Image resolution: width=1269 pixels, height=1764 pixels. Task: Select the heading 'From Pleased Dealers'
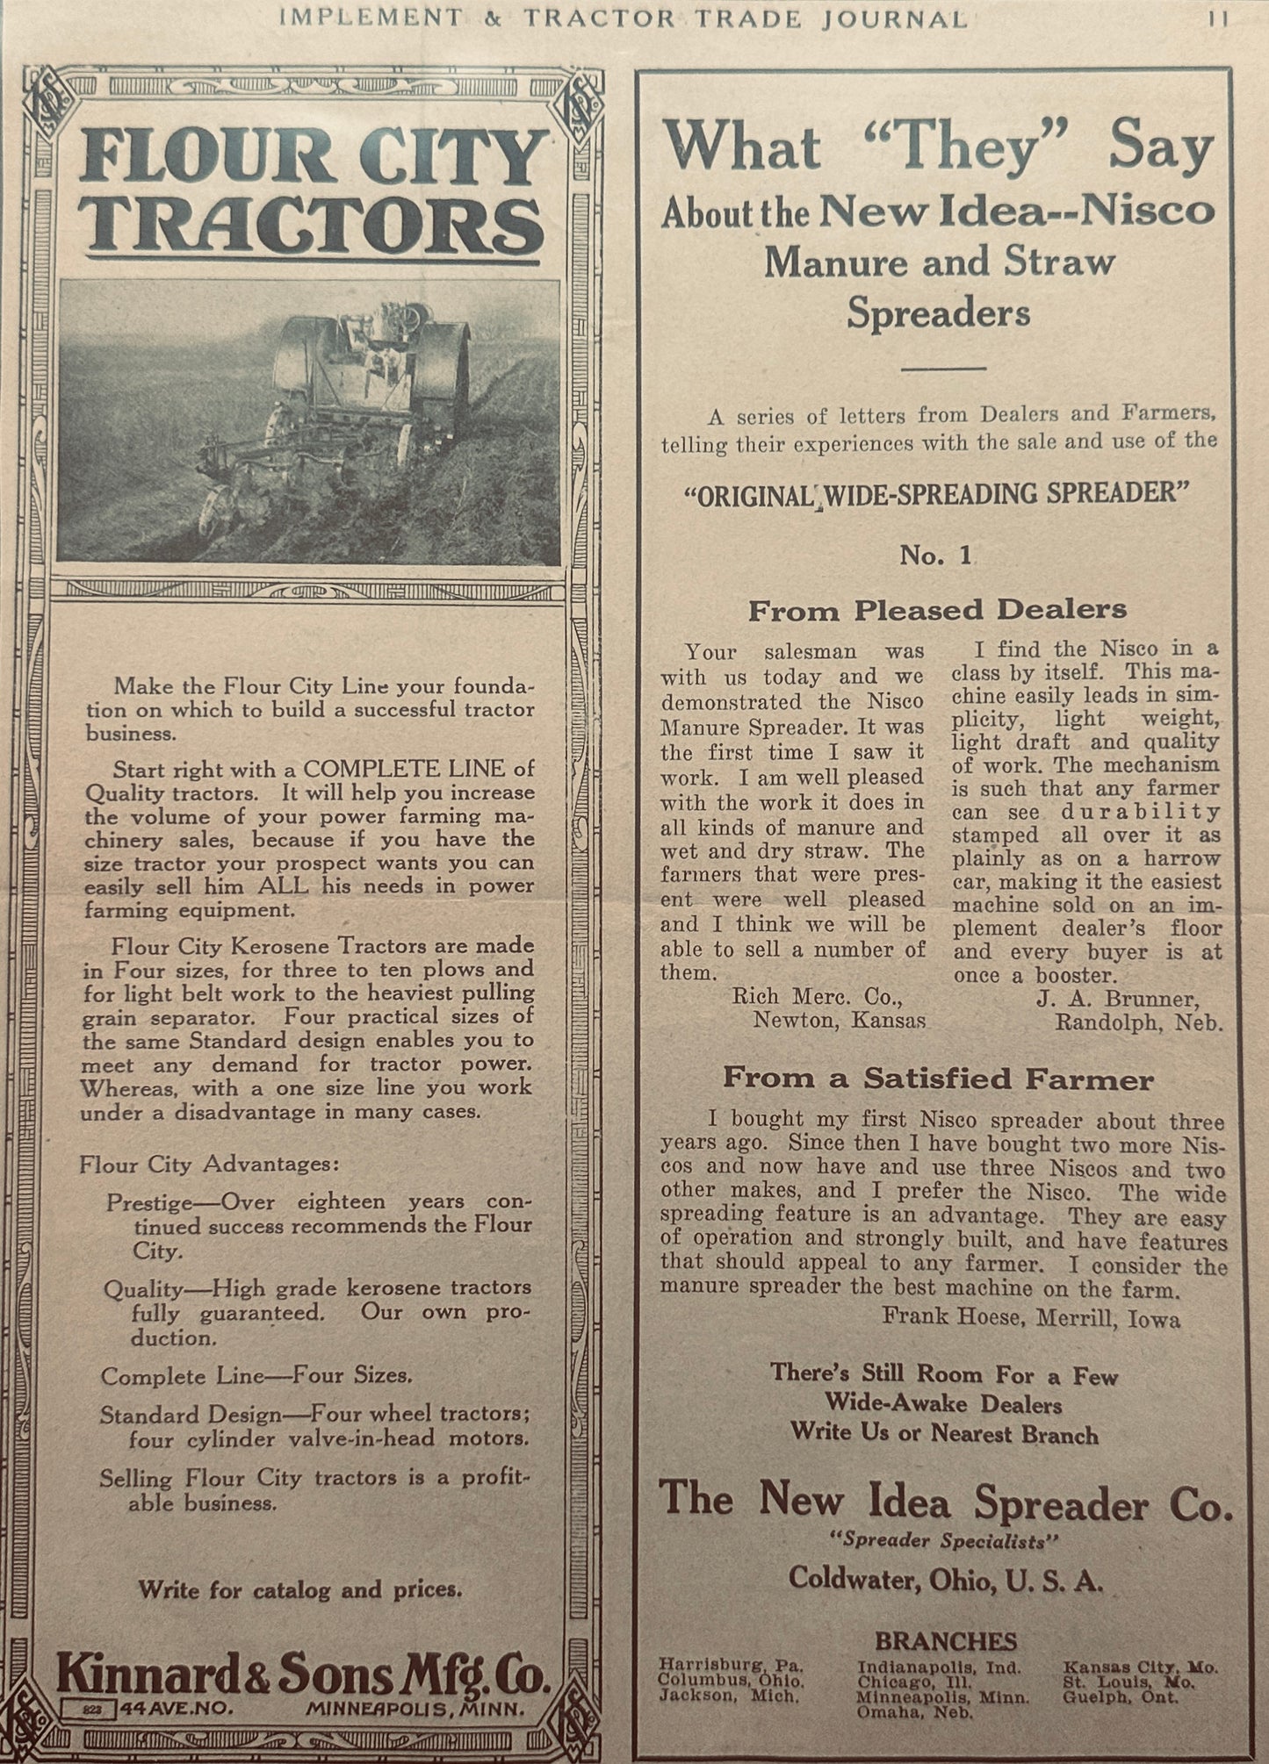[936, 611]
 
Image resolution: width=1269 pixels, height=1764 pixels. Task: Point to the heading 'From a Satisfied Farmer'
[937, 1079]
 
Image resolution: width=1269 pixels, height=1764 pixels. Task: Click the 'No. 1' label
[936, 556]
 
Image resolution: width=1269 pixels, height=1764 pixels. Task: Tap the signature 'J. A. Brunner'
[1116, 999]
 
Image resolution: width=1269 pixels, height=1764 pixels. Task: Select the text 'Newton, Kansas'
[839, 1021]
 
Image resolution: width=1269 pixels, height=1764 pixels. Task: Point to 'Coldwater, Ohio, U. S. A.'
[945, 1579]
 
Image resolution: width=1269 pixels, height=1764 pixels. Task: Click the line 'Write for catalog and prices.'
[299, 1588]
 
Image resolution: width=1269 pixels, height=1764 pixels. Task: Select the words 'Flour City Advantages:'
[209, 1165]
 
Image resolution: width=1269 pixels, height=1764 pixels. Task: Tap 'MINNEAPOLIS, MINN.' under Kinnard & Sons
[415, 1708]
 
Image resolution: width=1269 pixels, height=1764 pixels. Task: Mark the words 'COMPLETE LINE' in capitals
[404, 769]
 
